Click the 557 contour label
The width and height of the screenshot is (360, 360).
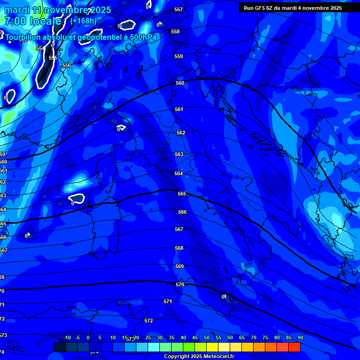click(x=178, y=10)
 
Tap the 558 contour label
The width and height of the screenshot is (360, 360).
click(x=175, y=31)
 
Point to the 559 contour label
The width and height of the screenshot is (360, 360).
click(x=179, y=57)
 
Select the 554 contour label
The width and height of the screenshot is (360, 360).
click(x=40, y=48)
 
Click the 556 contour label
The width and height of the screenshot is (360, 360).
click(x=67, y=65)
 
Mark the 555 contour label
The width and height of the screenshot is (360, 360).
click(x=53, y=58)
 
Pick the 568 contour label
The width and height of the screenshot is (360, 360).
click(x=179, y=248)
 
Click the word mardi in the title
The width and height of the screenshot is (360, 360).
click(x=17, y=10)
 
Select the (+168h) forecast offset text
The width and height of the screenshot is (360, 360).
click(x=84, y=21)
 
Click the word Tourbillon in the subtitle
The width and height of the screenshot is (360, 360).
click(x=24, y=37)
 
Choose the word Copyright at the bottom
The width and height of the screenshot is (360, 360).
click(x=176, y=357)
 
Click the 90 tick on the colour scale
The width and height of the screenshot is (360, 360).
click(x=300, y=337)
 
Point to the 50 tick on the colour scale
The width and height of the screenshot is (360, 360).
click(x=207, y=337)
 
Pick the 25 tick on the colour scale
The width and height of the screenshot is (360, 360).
click(x=148, y=337)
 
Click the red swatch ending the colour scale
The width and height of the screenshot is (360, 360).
click(x=294, y=347)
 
